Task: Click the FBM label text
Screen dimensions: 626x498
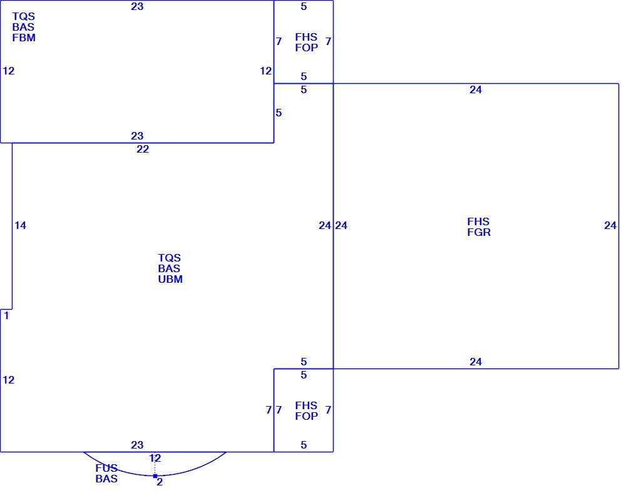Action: coord(24,38)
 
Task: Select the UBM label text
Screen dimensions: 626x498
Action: coord(170,279)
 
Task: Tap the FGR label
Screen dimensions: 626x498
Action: coord(479,232)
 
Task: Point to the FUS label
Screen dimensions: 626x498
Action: coord(106,468)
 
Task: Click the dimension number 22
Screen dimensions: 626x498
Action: coord(143,150)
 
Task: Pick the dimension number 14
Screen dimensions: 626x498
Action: coord(21,226)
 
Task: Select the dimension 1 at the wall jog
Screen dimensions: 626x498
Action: coord(6,316)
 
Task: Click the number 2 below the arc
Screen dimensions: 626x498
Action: coord(160,482)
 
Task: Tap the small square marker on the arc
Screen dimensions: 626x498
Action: coord(155,476)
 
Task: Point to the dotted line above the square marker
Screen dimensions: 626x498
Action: coord(155,464)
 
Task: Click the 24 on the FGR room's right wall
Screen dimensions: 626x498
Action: coord(610,226)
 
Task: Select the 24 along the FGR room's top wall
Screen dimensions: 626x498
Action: coord(476,90)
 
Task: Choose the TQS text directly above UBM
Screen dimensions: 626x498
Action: coord(169,258)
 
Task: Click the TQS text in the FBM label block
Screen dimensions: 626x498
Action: coord(24,16)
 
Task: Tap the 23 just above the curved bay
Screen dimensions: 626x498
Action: coord(137,445)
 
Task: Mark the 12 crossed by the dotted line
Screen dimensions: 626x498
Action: coord(155,458)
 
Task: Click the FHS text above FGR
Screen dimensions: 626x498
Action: coord(478,221)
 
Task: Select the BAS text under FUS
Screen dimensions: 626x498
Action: coord(106,479)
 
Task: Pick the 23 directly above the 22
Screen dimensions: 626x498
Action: coord(137,136)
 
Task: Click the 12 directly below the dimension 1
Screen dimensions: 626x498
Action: coord(8,380)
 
